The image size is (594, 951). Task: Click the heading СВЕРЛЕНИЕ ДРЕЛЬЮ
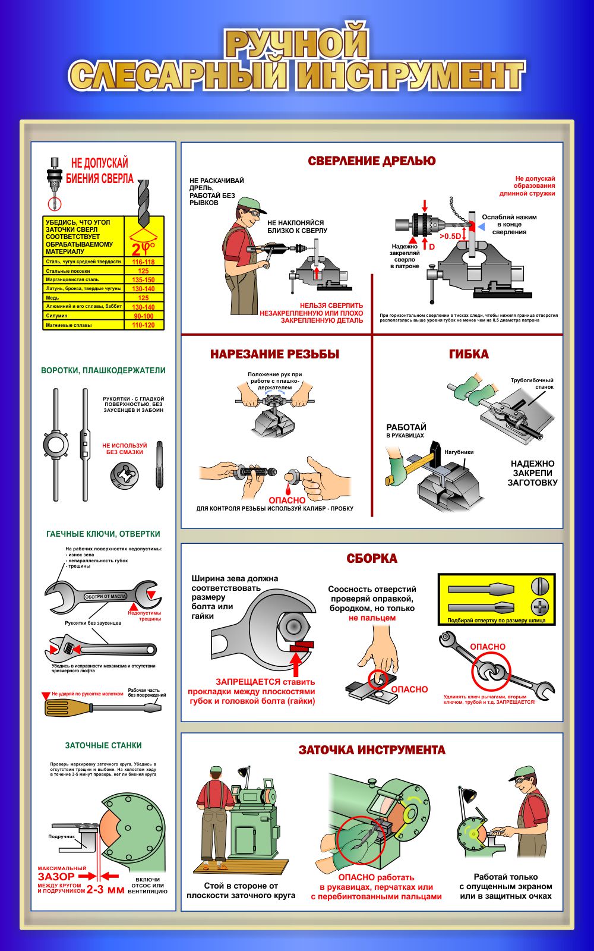click(371, 160)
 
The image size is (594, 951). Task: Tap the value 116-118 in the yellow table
click(143, 262)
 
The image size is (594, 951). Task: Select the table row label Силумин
click(57, 316)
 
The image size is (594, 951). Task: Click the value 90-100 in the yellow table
click(143, 316)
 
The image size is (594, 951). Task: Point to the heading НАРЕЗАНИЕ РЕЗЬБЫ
click(274, 354)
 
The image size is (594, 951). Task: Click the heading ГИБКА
click(469, 354)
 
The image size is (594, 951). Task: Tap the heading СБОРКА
click(372, 559)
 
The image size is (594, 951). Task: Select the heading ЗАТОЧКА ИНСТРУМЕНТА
click(372, 750)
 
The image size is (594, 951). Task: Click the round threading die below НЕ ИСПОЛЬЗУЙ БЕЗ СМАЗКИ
click(124, 474)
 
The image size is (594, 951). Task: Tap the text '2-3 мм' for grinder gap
click(106, 890)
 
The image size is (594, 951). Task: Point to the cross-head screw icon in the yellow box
click(540, 607)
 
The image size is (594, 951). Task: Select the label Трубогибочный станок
click(533, 383)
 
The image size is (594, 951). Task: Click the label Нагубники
click(459, 452)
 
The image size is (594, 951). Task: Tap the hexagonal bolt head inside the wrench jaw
click(293, 626)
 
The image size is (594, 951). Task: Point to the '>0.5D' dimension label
click(450, 236)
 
